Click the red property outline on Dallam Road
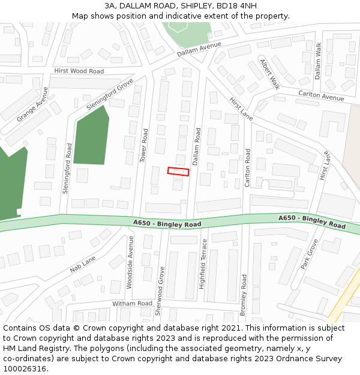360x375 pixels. point(178,172)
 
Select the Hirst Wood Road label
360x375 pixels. point(79,71)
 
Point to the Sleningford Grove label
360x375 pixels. point(110,94)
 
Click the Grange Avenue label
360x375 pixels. point(32,104)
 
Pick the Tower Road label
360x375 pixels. point(143,145)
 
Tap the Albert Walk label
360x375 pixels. point(269,74)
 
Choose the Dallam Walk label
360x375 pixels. point(318,61)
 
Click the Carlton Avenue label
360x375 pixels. point(321,96)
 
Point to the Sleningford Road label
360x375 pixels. point(66,169)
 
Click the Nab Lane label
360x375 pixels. point(83,264)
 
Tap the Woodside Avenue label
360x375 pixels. point(130,262)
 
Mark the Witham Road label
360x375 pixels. point(132,304)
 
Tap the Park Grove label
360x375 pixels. point(309,254)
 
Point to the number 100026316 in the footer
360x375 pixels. point(23,368)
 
